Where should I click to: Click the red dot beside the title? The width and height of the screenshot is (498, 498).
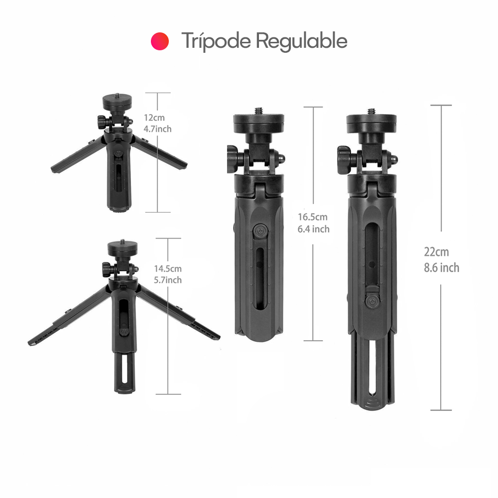point(160,41)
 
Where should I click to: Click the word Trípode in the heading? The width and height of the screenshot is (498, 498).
point(216,41)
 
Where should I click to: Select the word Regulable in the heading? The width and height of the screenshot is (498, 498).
point(301,41)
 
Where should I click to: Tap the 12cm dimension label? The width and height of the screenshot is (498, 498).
point(154,118)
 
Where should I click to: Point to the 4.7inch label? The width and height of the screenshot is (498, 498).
point(157,129)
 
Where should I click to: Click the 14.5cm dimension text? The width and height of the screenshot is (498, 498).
point(168,269)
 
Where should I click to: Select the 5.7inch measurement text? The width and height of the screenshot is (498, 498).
point(168,280)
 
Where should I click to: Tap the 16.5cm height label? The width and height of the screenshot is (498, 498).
point(313,217)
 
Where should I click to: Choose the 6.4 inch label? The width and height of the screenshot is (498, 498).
point(313,229)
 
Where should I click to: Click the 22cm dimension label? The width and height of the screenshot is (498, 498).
point(436,252)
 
